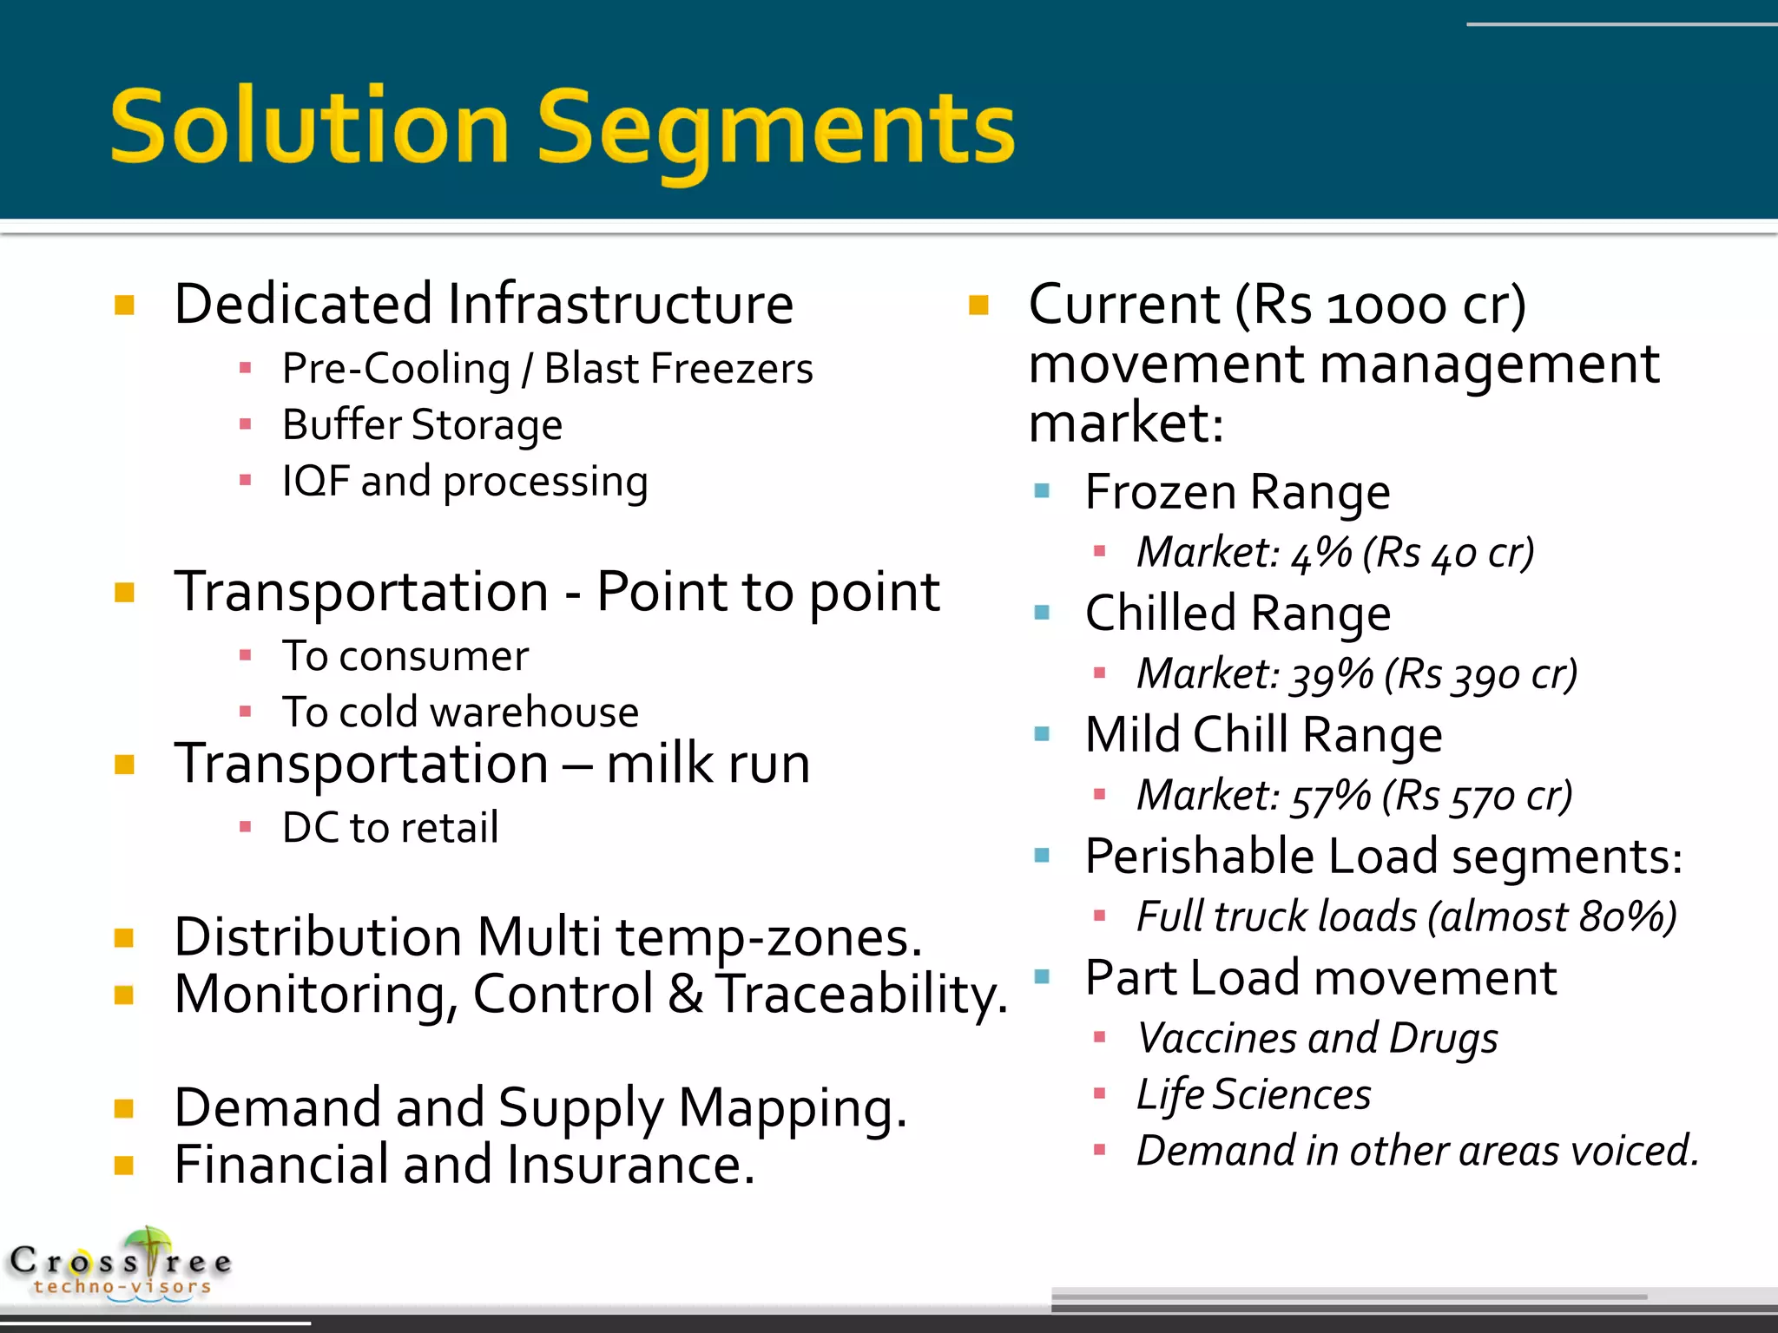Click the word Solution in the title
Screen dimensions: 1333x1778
click(x=309, y=128)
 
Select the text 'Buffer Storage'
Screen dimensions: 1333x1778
click(x=422, y=425)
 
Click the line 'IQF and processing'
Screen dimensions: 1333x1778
click(x=464, y=482)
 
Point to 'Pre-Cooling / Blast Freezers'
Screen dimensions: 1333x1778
click(x=547, y=369)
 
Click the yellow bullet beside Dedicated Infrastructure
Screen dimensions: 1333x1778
click(x=125, y=305)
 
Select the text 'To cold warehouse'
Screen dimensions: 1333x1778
click(x=460, y=712)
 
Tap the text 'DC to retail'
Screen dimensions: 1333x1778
click(x=391, y=828)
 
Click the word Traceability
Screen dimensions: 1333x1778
click(x=861, y=995)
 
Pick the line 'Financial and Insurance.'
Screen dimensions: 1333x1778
click(x=464, y=1165)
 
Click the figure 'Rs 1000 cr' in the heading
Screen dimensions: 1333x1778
click(x=1380, y=305)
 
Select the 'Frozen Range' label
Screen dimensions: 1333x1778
click(x=1237, y=493)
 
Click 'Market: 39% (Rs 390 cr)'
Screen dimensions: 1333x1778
click(x=1356, y=674)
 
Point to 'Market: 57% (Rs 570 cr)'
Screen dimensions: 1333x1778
click(x=1354, y=796)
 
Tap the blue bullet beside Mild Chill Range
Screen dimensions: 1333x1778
click(x=1043, y=735)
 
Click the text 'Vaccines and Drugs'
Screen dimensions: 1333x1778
click(x=1317, y=1039)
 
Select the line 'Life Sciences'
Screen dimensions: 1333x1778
click(x=1254, y=1095)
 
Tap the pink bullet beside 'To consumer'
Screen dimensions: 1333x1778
click(x=246, y=656)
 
